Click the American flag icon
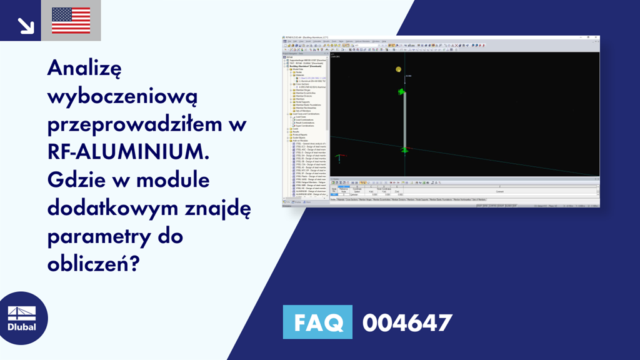tap(71, 21)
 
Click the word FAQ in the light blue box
tap(317, 323)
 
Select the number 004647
tap(407, 323)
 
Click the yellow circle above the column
tap(398, 69)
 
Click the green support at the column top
tap(401, 92)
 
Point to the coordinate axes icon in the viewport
tap(340, 157)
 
